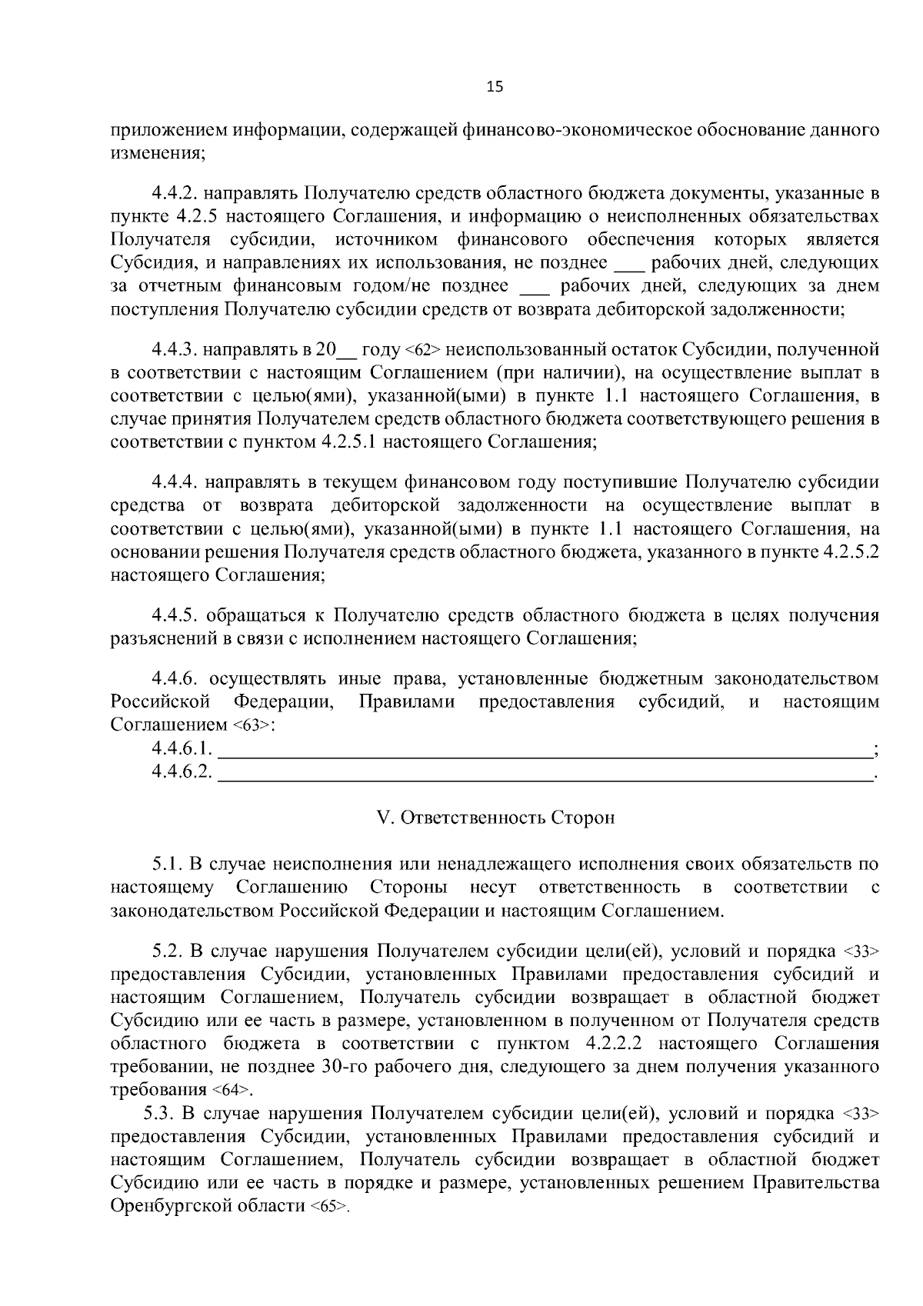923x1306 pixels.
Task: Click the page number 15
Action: point(494,87)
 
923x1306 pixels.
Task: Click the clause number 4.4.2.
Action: point(176,192)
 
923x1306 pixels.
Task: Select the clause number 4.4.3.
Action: point(176,350)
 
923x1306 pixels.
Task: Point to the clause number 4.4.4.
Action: point(176,482)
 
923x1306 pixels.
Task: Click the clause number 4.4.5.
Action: point(176,615)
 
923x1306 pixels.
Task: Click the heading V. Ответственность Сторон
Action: point(495,818)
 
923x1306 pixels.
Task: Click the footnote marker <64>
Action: point(228,1091)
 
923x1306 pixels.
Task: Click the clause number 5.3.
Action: point(158,1114)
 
